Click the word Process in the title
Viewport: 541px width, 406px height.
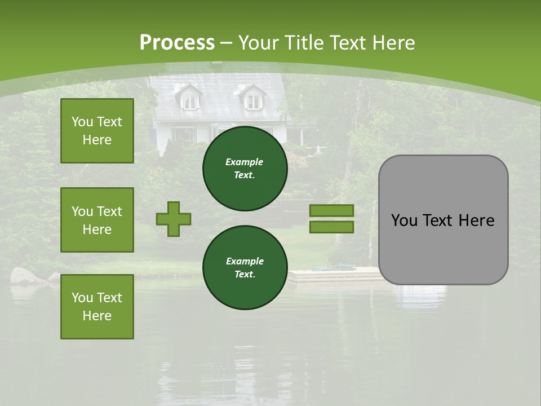coord(177,43)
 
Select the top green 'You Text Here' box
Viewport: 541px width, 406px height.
coord(97,131)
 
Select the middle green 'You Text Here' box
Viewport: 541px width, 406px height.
coord(97,220)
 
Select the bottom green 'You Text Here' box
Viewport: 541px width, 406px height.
coord(97,306)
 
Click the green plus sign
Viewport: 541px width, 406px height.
coord(174,219)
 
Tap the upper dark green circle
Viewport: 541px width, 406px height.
coord(245,169)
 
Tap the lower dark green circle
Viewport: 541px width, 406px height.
coord(245,268)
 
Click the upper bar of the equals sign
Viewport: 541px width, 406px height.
coord(331,211)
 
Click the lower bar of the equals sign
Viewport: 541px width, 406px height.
coord(331,227)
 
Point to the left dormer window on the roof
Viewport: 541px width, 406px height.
coord(190,100)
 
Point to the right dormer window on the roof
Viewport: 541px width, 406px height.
coord(254,100)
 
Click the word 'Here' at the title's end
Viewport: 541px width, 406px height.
coord(394,43)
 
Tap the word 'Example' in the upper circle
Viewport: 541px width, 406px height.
coord(245,162)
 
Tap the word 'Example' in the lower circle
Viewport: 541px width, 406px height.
coord(245,261)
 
